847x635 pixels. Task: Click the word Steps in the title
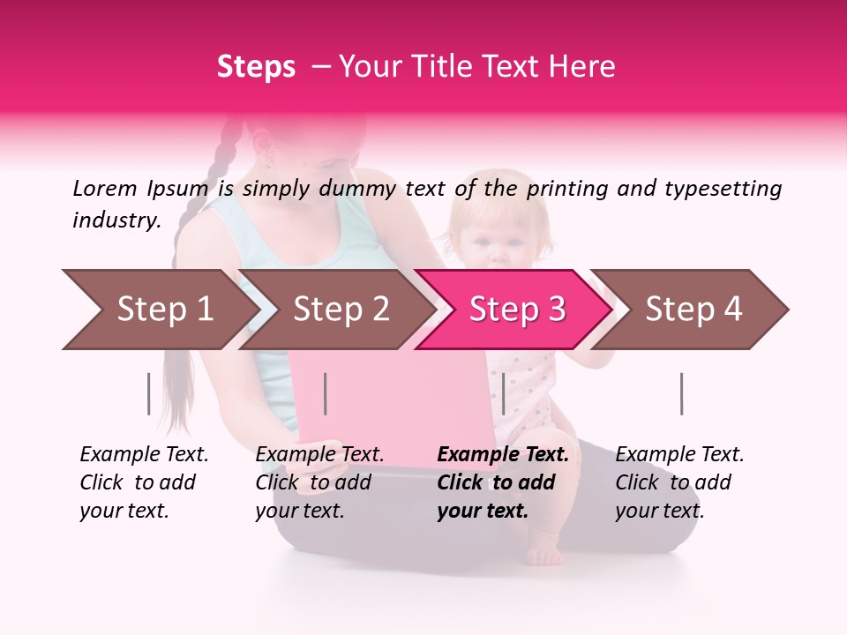(256, 67)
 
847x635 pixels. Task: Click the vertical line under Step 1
(149, 393)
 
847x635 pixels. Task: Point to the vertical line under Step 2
(326, 393)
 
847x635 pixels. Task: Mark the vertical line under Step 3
(503, 393)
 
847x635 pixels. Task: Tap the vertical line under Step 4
(681, 393)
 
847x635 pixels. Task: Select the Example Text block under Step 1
(144, 482)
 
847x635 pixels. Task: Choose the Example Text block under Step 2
(319, 482)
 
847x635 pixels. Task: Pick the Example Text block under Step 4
(679, 482)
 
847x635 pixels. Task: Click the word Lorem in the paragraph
(105, 188)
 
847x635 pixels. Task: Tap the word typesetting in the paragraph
(718, 188)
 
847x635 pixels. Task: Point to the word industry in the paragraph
(116, 220)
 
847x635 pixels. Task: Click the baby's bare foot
(544, 557)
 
